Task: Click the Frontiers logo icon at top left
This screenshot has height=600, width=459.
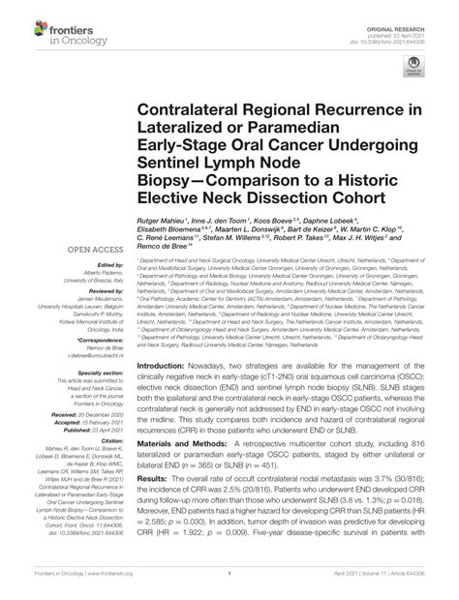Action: click(x=22, y=26)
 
